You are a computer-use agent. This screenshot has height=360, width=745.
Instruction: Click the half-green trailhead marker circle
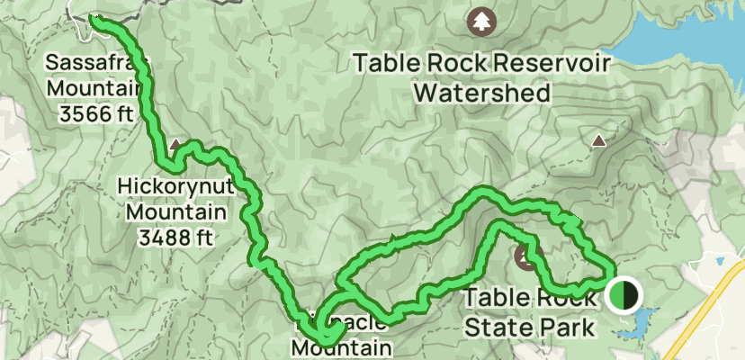(622, 294)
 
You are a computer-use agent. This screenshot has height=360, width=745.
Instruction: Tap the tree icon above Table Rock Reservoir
(482, 20)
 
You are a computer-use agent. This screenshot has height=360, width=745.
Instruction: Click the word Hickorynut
(172, 188)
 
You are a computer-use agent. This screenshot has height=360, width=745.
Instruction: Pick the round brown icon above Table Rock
(525, 257)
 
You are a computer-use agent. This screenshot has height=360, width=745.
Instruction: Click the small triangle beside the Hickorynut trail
(175, 143)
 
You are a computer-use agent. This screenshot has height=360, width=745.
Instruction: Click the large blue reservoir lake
(693, 36)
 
